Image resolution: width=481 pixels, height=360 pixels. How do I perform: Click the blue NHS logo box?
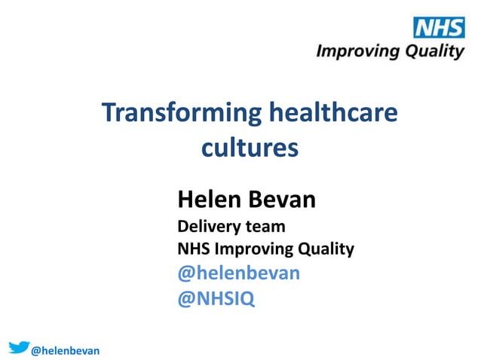[x=438, y=28]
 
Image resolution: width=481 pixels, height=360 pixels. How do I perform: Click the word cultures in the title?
[x=250, y=147]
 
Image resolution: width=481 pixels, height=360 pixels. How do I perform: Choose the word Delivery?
[x=209, y=225]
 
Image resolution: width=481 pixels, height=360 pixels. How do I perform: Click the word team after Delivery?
[x=265, y=225]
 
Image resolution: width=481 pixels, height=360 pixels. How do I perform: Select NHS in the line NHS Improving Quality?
[x=194, y=248]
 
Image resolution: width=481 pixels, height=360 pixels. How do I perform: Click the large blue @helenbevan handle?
[x=238, y=273]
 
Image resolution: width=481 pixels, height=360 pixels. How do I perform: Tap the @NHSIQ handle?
[x=216, y=299]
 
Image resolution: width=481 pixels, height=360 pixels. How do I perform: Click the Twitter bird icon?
[x=19, y=346]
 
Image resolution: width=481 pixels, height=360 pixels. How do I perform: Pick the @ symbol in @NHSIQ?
[x=185, y=299]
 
